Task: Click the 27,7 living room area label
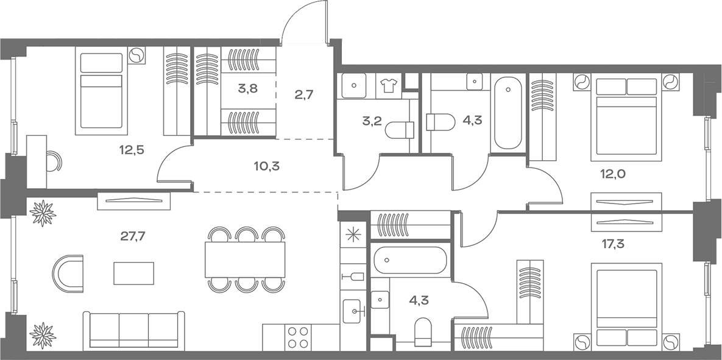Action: click(133, 236)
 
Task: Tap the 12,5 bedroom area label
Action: click(132, 149)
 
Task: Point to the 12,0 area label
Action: click(612, 174)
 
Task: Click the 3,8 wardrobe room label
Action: click(248, 89)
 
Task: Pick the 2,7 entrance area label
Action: click(304, 95)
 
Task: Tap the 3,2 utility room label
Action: click(372, 122)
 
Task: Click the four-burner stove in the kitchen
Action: click(298, 337)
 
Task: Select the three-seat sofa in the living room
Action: click(133, 330)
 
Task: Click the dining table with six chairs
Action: click(245, 259)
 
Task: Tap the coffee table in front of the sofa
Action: click(133, 273)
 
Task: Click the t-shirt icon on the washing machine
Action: click(388, 85)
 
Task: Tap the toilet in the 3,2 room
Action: click(399, 130)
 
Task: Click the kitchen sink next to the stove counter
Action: click(353, 312)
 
